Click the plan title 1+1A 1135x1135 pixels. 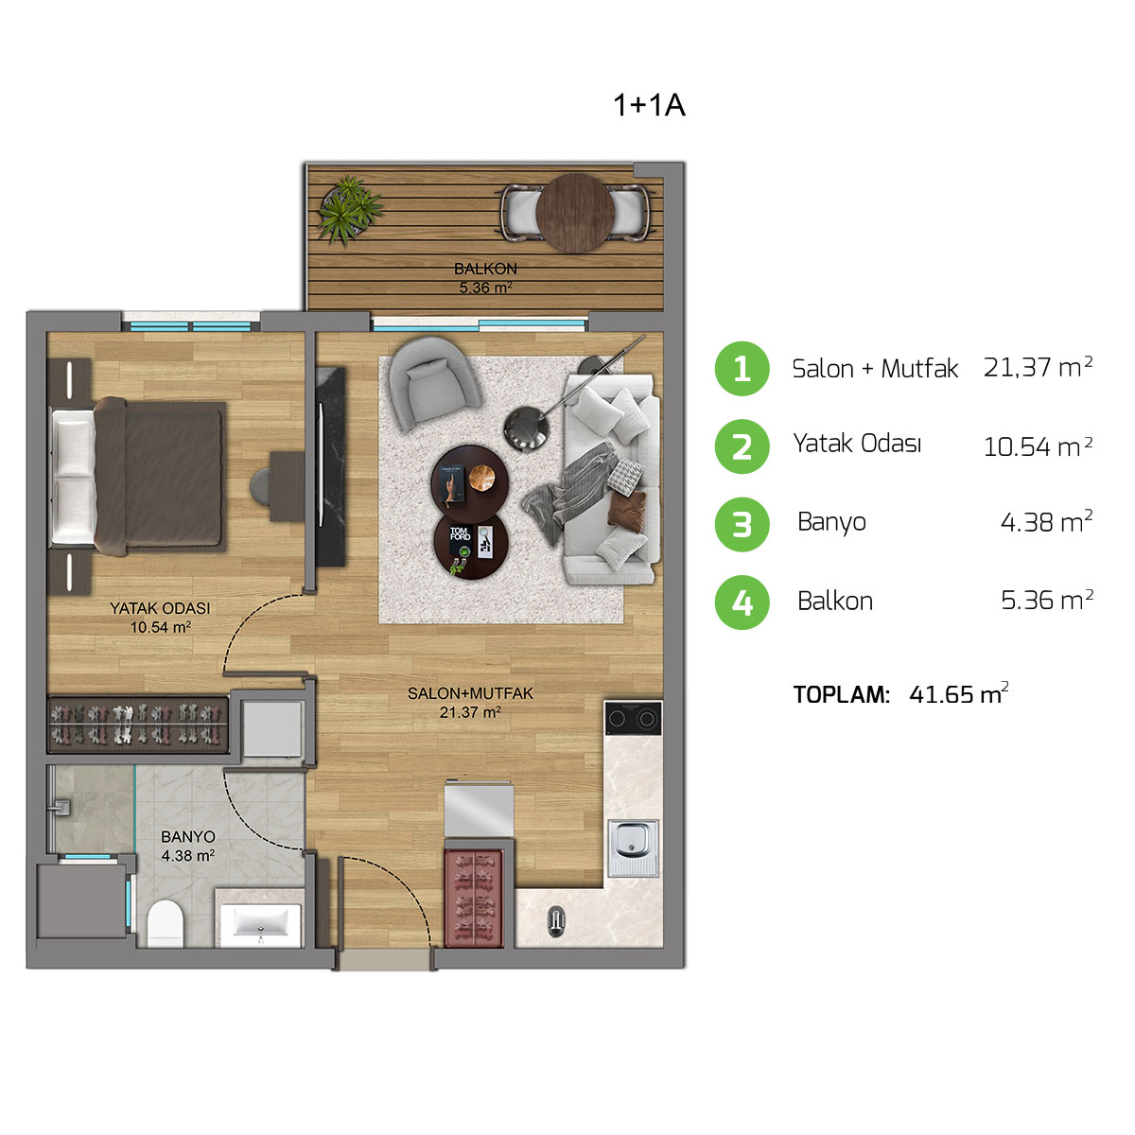(649, 105)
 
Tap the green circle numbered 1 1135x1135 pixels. (742, 368)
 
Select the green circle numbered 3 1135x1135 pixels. (742, 523)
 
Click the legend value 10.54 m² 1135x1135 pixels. (1038, 445)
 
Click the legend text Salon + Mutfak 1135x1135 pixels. (875, 368)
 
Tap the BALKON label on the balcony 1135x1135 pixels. (485, 270)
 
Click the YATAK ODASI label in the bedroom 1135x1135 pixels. (160, 608)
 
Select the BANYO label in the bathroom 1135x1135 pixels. (187, 837)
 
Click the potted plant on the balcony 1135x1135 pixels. (350, 208)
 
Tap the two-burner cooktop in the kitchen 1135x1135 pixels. (633, 719)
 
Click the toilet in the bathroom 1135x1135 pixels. (166, 922)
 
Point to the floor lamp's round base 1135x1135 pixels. (527, 428)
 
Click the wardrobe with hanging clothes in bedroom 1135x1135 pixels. (139, 725)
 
